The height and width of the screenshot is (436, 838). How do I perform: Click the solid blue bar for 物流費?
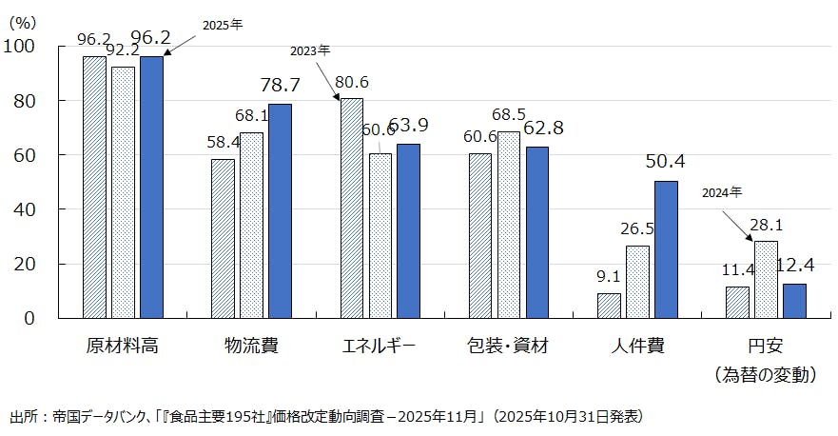(x=280, y=210)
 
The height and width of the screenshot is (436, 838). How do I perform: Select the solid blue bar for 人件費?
(x=666, y=248)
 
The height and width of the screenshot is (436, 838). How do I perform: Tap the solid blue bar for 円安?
(x=794, y=300)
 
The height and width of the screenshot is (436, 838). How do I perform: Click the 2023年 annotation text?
(x=311, y=50)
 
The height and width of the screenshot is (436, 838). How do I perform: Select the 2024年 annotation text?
(x=722, y=193)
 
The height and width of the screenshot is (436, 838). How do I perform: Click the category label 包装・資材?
(x=508, y=346)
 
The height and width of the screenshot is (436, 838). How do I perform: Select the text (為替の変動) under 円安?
(x=766, y=375)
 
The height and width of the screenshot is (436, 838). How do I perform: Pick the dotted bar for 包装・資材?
(x=509, y=224)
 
